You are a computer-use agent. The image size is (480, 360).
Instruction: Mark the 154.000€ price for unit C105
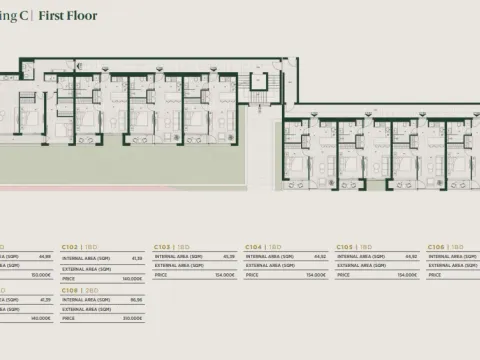coord(407,274)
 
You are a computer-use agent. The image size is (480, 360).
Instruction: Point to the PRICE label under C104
coord(252,274)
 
